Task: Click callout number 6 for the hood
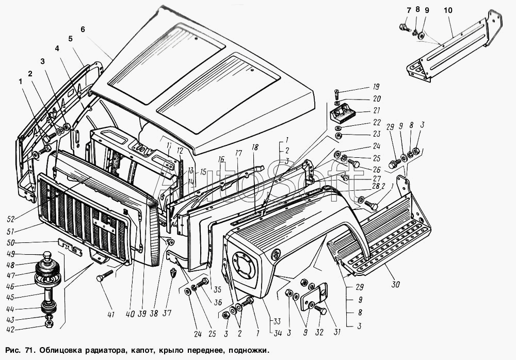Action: pos(83,29)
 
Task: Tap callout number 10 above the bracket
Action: pos(448,10)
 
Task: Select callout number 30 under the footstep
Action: pos(395,284)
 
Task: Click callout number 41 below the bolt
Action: pos(111,315)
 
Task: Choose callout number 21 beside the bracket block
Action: pos(377,110)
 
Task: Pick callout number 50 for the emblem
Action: pos(10,243)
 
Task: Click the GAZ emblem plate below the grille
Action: pos(70,247)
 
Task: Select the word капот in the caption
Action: pos(141,350)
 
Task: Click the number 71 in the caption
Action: pos(28,350)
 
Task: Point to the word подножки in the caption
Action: pos(249,350)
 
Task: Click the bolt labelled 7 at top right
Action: pos(405,28)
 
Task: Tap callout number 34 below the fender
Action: pos(278,333)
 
